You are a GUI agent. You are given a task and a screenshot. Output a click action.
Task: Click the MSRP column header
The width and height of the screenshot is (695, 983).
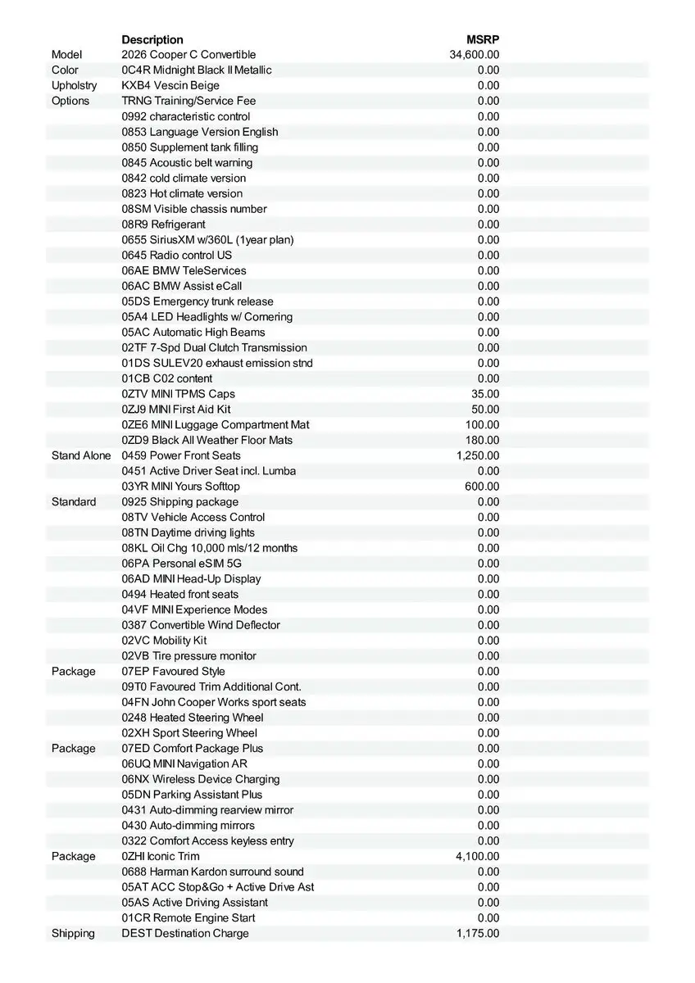click(x=483, y=39)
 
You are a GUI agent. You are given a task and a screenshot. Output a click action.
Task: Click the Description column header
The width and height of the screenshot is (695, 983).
click(x=152, y=39)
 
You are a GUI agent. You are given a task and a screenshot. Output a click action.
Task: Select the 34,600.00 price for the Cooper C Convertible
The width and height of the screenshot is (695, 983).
click(x=475, y=55)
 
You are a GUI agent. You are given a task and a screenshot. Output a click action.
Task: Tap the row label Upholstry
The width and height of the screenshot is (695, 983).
click(x=74, y=85)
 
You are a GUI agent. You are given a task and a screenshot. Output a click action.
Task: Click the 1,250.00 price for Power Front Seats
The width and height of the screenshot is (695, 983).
click(x=478, y=455)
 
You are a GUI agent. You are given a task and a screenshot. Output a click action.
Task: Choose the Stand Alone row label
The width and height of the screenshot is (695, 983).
click(x=81, y=455)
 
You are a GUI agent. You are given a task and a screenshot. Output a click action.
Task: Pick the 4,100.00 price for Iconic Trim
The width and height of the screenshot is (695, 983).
click(x=478, y=856)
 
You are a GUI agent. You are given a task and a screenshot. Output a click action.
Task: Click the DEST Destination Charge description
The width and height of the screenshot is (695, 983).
click(x=185, y=933)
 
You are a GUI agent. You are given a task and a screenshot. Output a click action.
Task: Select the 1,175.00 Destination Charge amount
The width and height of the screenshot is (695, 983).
click(x=478, y=933)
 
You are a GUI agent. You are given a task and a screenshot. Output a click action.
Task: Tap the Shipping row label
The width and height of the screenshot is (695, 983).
click(x=73, y=933)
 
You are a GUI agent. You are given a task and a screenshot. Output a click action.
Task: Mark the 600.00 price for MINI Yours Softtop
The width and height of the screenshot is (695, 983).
click(x=482, y=487)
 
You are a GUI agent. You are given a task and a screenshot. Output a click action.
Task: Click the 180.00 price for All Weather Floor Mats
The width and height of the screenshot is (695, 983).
click(x=482, y=440)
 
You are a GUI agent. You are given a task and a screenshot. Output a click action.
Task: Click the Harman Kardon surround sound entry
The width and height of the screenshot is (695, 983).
click(x=213, y=872)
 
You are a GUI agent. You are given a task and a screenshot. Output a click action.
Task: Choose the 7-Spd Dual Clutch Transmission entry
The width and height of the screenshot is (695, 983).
click(x=215, y=347)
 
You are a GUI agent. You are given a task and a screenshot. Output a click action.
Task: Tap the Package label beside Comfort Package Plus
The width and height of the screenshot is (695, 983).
click(x=73, y=748)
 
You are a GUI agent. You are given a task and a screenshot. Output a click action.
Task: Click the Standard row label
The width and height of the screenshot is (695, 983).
click(x=74, y=501)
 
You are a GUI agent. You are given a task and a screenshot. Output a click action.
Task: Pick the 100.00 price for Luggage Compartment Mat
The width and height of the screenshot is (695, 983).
click(x=482, y=424)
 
